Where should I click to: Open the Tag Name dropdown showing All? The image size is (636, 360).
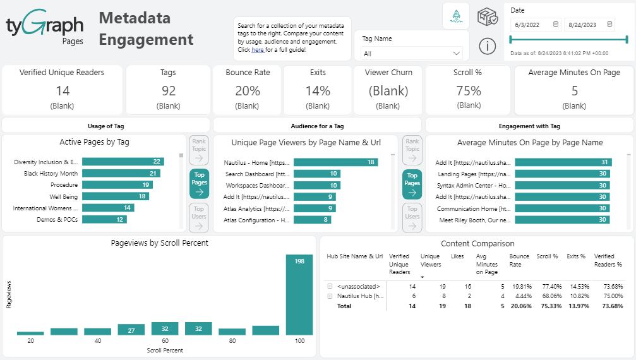tap(411, 54)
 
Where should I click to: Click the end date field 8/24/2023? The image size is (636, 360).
tap(589, 25)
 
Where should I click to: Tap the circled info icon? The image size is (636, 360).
tap(486, 45)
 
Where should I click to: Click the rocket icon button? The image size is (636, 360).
tap(455, 16)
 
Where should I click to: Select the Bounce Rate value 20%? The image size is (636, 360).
tap(248, 91)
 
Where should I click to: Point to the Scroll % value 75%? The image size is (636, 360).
tap(469, 91)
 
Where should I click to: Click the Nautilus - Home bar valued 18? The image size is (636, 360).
tap(335, 162)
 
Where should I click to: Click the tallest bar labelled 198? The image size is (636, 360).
tap(299, 295)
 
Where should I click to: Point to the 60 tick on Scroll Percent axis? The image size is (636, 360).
tap(164, 341)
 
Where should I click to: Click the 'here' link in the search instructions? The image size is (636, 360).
tap(258, 50)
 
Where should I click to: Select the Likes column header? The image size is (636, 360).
tap(457, 256)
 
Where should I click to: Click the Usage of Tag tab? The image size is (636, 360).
tap(105, 126)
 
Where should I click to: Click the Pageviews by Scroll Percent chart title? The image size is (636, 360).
tap(159, 243)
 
